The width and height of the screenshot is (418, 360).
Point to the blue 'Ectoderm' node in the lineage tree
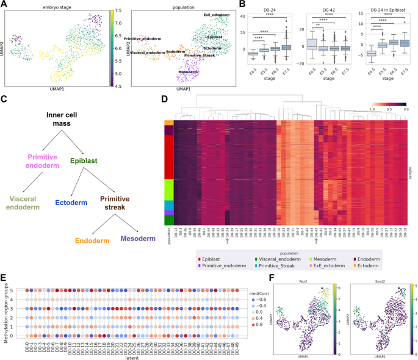coord(71,203)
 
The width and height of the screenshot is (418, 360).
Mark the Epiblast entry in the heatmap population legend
coord(214,258)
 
